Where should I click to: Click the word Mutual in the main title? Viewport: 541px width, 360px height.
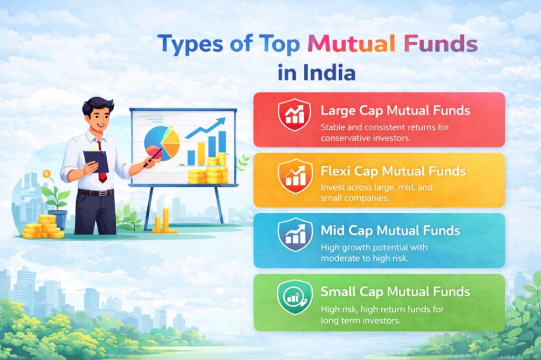[x=351, y=44]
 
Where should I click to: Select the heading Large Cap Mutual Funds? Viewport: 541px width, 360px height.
[x=395, y=110]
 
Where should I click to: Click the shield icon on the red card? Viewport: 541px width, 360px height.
[x=294, y=115]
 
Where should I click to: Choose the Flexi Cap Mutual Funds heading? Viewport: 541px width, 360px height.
[x=393, y=171]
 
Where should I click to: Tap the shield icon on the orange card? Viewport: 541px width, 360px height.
[x=295, y=176]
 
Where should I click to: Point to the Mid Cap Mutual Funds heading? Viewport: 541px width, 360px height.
[x=390, y=230]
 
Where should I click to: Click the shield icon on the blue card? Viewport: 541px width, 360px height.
[x=295, y=234]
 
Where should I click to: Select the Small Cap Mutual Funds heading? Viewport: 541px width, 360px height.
[x=395, y=292]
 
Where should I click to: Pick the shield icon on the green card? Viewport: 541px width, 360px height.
[x=294, y=297]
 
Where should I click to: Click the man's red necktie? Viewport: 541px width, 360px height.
[x=102, y=162]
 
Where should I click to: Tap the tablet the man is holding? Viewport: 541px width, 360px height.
[x=96, y=162]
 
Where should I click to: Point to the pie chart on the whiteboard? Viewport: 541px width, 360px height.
[x=162, y=143]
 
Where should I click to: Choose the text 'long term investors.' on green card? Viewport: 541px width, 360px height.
[x=360, y=320]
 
